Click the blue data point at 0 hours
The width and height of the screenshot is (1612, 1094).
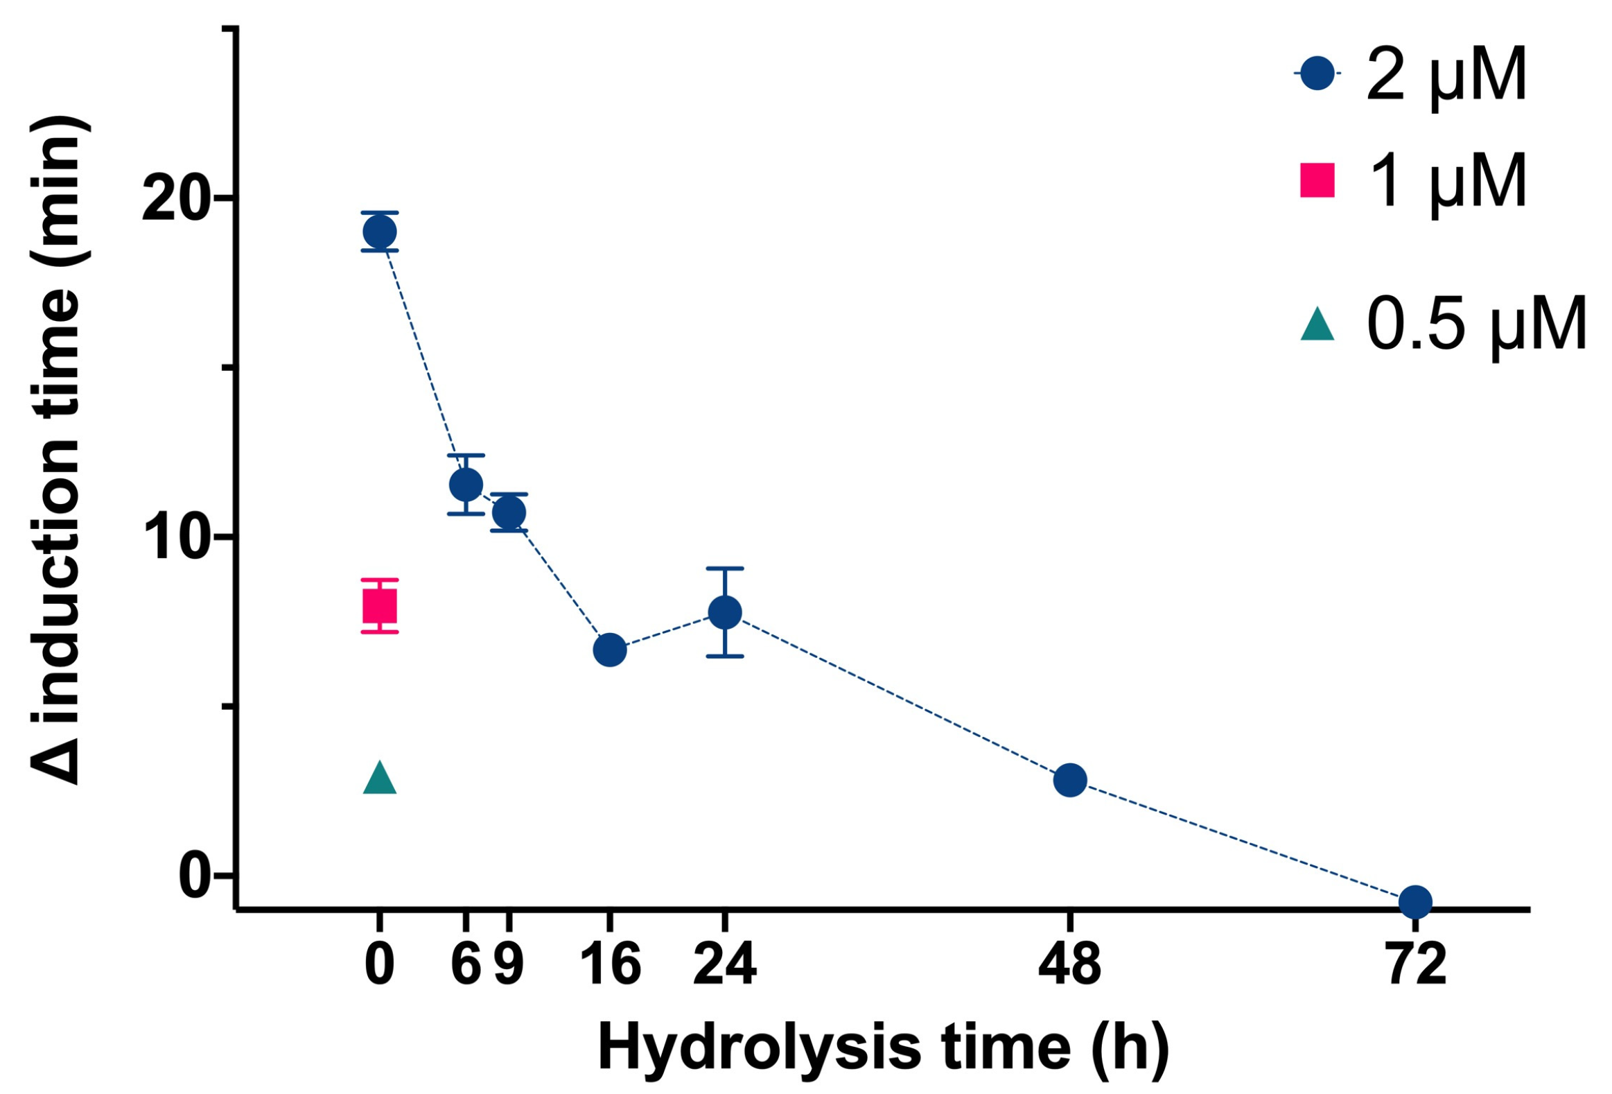[x=379, y=231]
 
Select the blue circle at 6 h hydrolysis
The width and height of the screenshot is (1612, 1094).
[x=466, y=484]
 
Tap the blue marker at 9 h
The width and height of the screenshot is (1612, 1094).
[x=509, y=512]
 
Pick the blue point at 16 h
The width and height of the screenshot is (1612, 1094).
[x=610, y=650]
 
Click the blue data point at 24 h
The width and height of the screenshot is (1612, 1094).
[x=725, y=612]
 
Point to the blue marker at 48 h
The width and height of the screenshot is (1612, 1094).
[x=1069, y=780]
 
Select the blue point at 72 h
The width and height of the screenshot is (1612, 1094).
[x=1415, y=901]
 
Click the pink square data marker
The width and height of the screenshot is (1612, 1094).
[x=379, y=607]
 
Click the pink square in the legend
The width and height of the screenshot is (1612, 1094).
[x=1317, y=180]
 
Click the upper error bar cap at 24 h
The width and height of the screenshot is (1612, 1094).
[x=725, y=568]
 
